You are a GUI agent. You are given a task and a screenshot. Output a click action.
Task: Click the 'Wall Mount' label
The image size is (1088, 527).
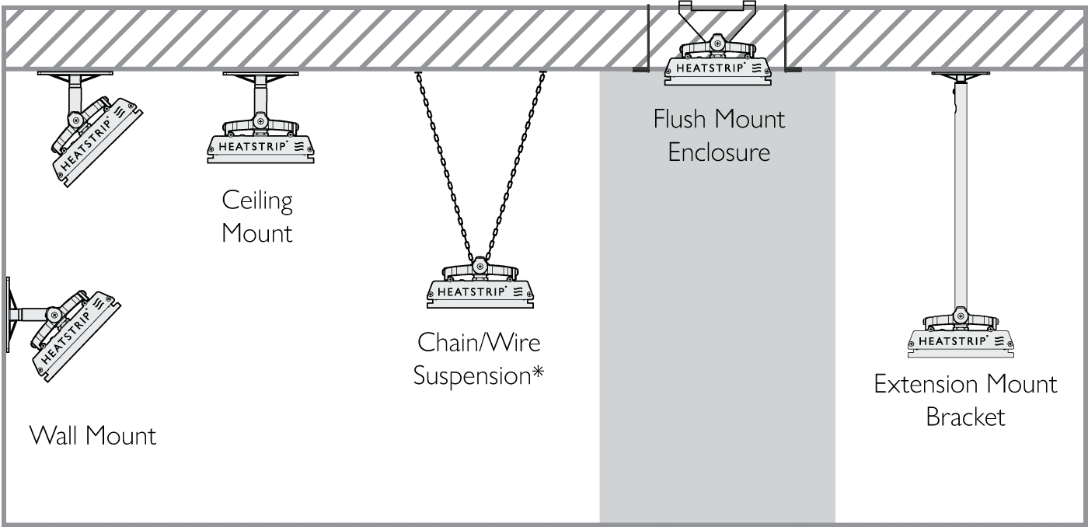click(x=92, y=435)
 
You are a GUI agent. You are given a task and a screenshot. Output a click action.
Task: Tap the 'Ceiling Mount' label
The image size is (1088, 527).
click(x=257, y=217)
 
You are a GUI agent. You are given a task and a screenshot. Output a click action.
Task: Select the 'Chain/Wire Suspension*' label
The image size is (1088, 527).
click(x=478, y=358)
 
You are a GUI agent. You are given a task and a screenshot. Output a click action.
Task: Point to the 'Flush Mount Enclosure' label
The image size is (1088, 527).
click(x=719, y=135)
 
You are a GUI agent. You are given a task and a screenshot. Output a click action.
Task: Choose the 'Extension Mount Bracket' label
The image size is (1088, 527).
click(x=965, y=400)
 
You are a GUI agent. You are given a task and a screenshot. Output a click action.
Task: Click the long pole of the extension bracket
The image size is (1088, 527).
click(x=962, y=194)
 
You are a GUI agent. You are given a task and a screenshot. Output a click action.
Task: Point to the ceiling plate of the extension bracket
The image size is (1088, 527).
click(x=962, y=75)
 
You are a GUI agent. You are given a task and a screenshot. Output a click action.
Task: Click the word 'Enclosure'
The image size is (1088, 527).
click(x=719, y=152)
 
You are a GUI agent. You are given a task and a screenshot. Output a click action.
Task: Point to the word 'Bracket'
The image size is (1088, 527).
click(x=965, y=417)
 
